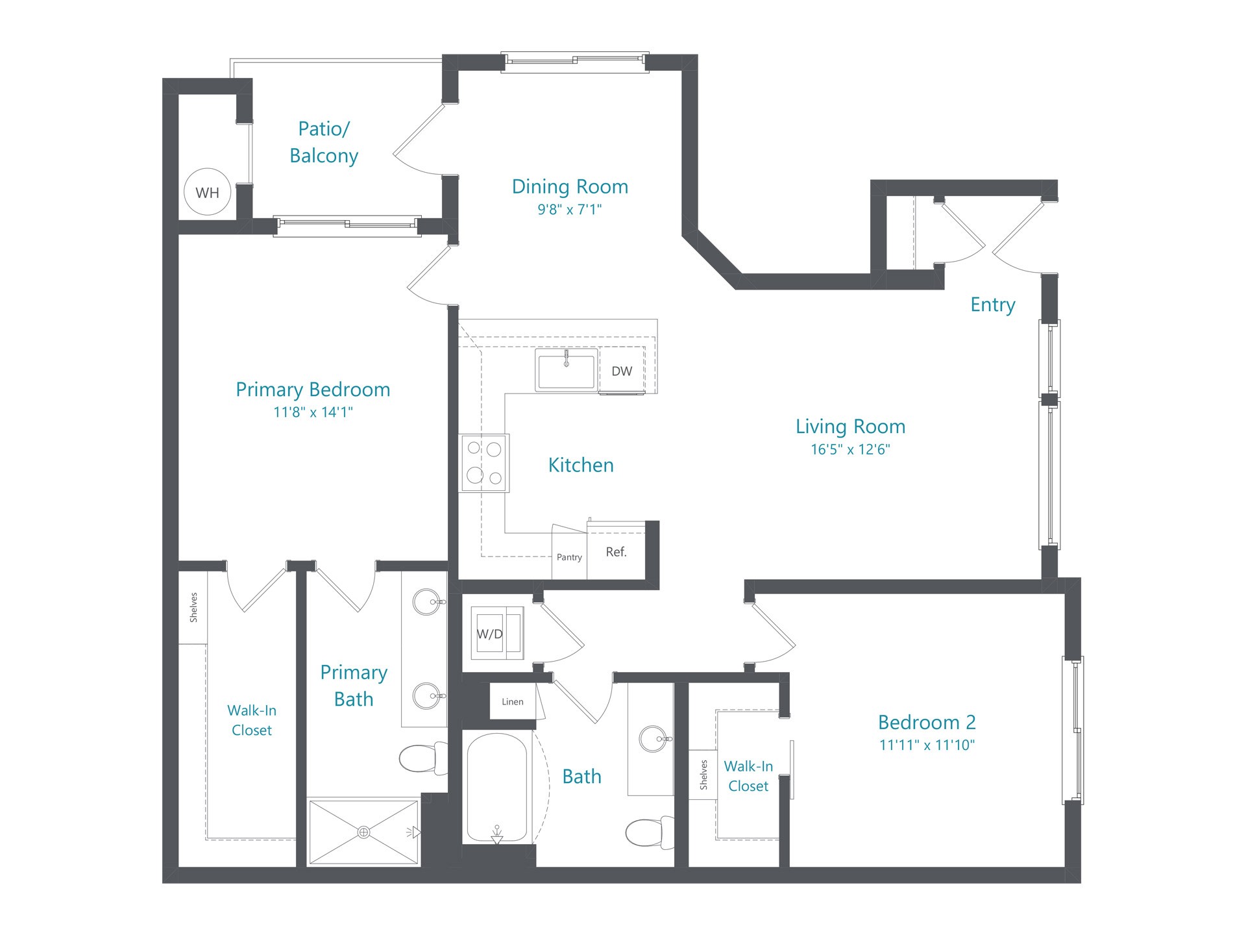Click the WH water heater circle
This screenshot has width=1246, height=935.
tap(208, 192)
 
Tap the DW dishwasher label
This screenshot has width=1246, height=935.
tap(622, 371)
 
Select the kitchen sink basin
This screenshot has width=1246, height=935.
tap(567, 370)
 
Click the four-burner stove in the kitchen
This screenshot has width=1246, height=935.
tap(484, 463)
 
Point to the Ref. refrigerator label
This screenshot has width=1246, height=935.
tap(617, 552)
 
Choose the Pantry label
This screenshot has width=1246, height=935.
tap(569, 557)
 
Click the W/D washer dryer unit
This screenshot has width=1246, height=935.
tap(496, 633)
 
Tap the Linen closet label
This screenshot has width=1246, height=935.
tap(513, 701)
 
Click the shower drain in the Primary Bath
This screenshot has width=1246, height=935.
tap(364, 832)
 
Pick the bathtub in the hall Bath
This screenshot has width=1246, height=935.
tap(497, 788)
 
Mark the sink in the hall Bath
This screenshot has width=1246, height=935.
tap(654, 738)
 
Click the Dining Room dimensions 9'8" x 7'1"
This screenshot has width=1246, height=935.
tap(570, 209)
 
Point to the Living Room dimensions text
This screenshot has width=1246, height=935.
tap(850, 449)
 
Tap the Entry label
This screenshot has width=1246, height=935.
tap(993, 305)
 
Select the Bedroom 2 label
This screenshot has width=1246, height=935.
tap(927, 722)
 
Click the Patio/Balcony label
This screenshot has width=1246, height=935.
tap(324, 142)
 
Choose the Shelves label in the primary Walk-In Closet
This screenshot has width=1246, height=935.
tap(193, 607)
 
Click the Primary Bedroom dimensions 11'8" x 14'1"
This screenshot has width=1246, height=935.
tap(313, 412)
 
